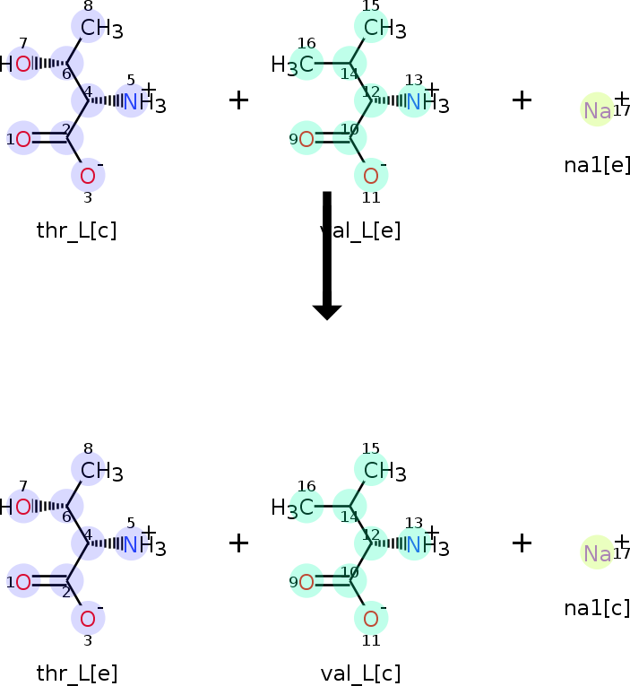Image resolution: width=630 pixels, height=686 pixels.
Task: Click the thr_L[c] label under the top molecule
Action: [x=76, y=230]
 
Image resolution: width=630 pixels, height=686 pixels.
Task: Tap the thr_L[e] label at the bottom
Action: [x=76, y=673]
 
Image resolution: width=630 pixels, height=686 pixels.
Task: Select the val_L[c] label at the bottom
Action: [x=360, y=673]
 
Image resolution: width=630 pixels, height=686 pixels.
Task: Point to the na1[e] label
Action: [x=597, y=165]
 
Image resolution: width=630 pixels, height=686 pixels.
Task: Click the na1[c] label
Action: [x=597, y=608]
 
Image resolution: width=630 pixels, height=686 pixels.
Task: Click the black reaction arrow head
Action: [x=327, y=311]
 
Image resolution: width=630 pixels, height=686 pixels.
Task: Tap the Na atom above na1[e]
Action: [x=596, y=110]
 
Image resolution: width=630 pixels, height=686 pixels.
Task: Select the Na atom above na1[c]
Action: [x=596, y=553]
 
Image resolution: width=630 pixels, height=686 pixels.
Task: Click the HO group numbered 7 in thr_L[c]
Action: [x=18, y=64]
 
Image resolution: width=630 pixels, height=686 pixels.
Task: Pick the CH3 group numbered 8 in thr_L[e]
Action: [x=100, y=471]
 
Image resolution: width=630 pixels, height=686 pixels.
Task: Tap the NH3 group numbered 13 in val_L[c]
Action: [x=425, y=545]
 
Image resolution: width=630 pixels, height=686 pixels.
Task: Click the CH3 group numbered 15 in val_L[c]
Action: [x=384, y=471]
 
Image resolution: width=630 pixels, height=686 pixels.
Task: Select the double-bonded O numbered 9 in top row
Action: [x=306, y=138]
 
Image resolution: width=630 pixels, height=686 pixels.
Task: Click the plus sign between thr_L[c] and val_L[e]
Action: [x=238, y=100]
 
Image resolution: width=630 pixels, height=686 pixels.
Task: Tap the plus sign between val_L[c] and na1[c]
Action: [x=522, y=543]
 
